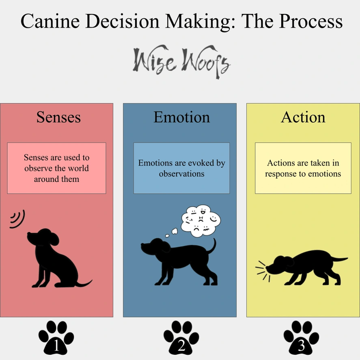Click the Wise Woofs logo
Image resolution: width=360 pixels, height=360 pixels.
point(181,62)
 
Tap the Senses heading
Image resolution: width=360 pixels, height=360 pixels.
point(58,117)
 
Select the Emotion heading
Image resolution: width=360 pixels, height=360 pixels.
point(181,117)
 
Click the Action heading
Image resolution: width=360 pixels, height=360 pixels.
point(303,117)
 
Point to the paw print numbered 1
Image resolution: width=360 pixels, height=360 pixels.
point(56,338)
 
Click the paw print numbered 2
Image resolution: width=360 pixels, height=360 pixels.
point(181,338)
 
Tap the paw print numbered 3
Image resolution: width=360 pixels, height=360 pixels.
point(301,338)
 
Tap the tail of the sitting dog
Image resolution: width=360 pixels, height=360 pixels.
point(84,284)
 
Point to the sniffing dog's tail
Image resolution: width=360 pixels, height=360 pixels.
point(338,259)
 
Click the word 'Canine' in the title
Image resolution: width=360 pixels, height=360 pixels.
point(50,21)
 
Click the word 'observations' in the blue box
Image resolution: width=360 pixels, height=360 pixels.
point(181,174)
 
